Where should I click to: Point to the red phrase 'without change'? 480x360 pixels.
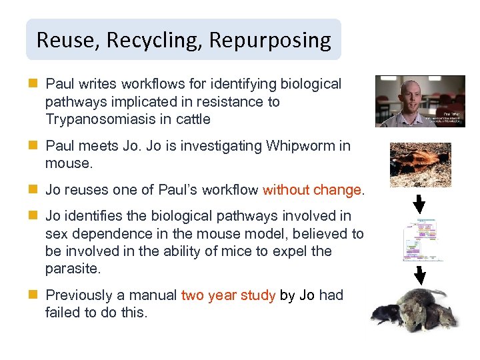[311, 190]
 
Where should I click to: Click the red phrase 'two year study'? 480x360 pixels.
[228, 295]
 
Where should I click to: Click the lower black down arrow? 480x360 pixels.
[419, 274]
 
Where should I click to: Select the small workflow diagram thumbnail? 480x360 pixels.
[419, 239]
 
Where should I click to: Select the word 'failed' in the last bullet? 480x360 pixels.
[61, 313]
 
